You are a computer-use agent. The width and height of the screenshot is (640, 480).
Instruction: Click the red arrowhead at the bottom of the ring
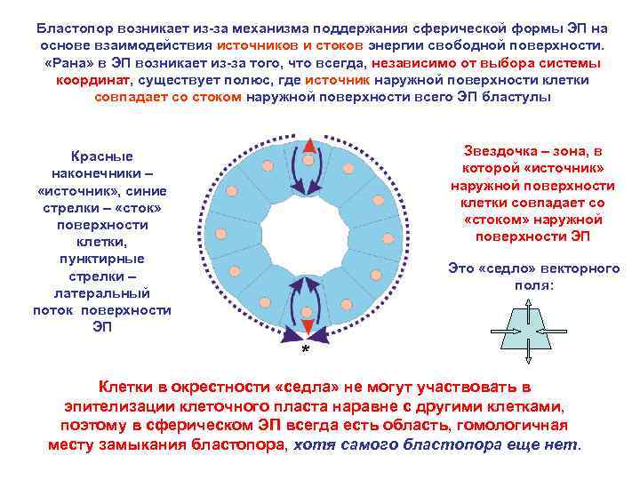pos(307,327)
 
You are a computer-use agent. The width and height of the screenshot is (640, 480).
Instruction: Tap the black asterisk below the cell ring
pos(305,349)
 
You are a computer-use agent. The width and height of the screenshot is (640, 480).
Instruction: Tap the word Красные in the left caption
pos(102,156)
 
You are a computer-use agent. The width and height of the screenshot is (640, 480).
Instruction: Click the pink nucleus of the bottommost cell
pos(307,311)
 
